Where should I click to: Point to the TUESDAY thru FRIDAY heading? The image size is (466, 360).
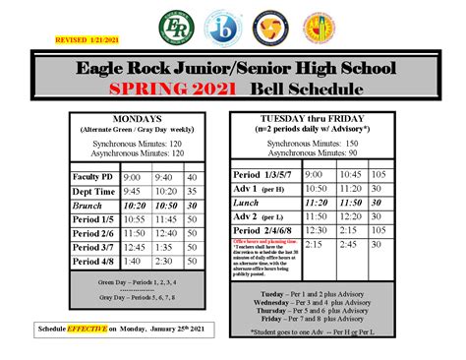[311, 118]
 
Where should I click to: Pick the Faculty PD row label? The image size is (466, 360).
[93, 177]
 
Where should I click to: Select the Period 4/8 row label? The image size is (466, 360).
[93, 262]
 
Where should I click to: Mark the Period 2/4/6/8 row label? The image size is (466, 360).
[267, 228]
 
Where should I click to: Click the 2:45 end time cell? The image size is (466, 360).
[341, 242]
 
